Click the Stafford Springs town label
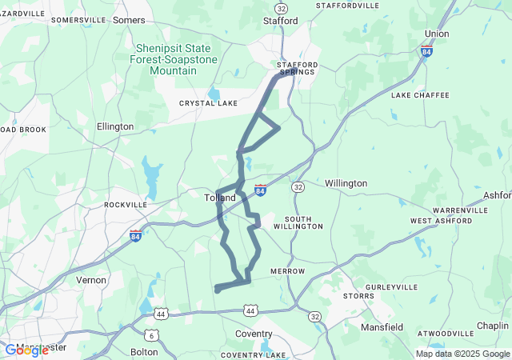pyautogui.click(x=298, y=68)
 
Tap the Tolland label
pyautogui.click(x=220, y=198)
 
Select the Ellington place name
pyautogui.click(x=115, y=126)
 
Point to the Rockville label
pyautogui.click(x=126, y=205)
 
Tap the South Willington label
pyautogui.click(x=298, y=222)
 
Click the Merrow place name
pyautogui.click(x=287, y=271)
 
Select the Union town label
pyautogui.click(x=437, y=34)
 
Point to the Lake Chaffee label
pyautogui.click(x=420, y=95)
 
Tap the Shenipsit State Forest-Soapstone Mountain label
pyautogui.click(x=174, y=58)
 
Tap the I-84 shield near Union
pyautogui.click(x=427, y=51)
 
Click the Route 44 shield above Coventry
pyautogui.click(x=250, y=310)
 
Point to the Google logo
pyautogui.click(x=26, y=350)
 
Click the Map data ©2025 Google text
pyautogui.click(x=462, y=354)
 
